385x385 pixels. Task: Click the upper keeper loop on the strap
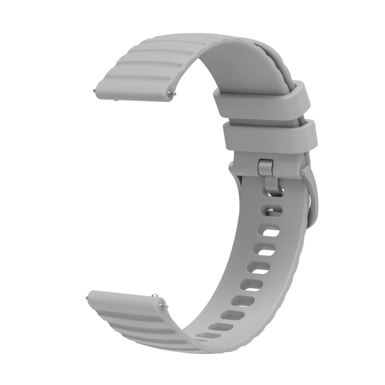[x=261, y=99]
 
